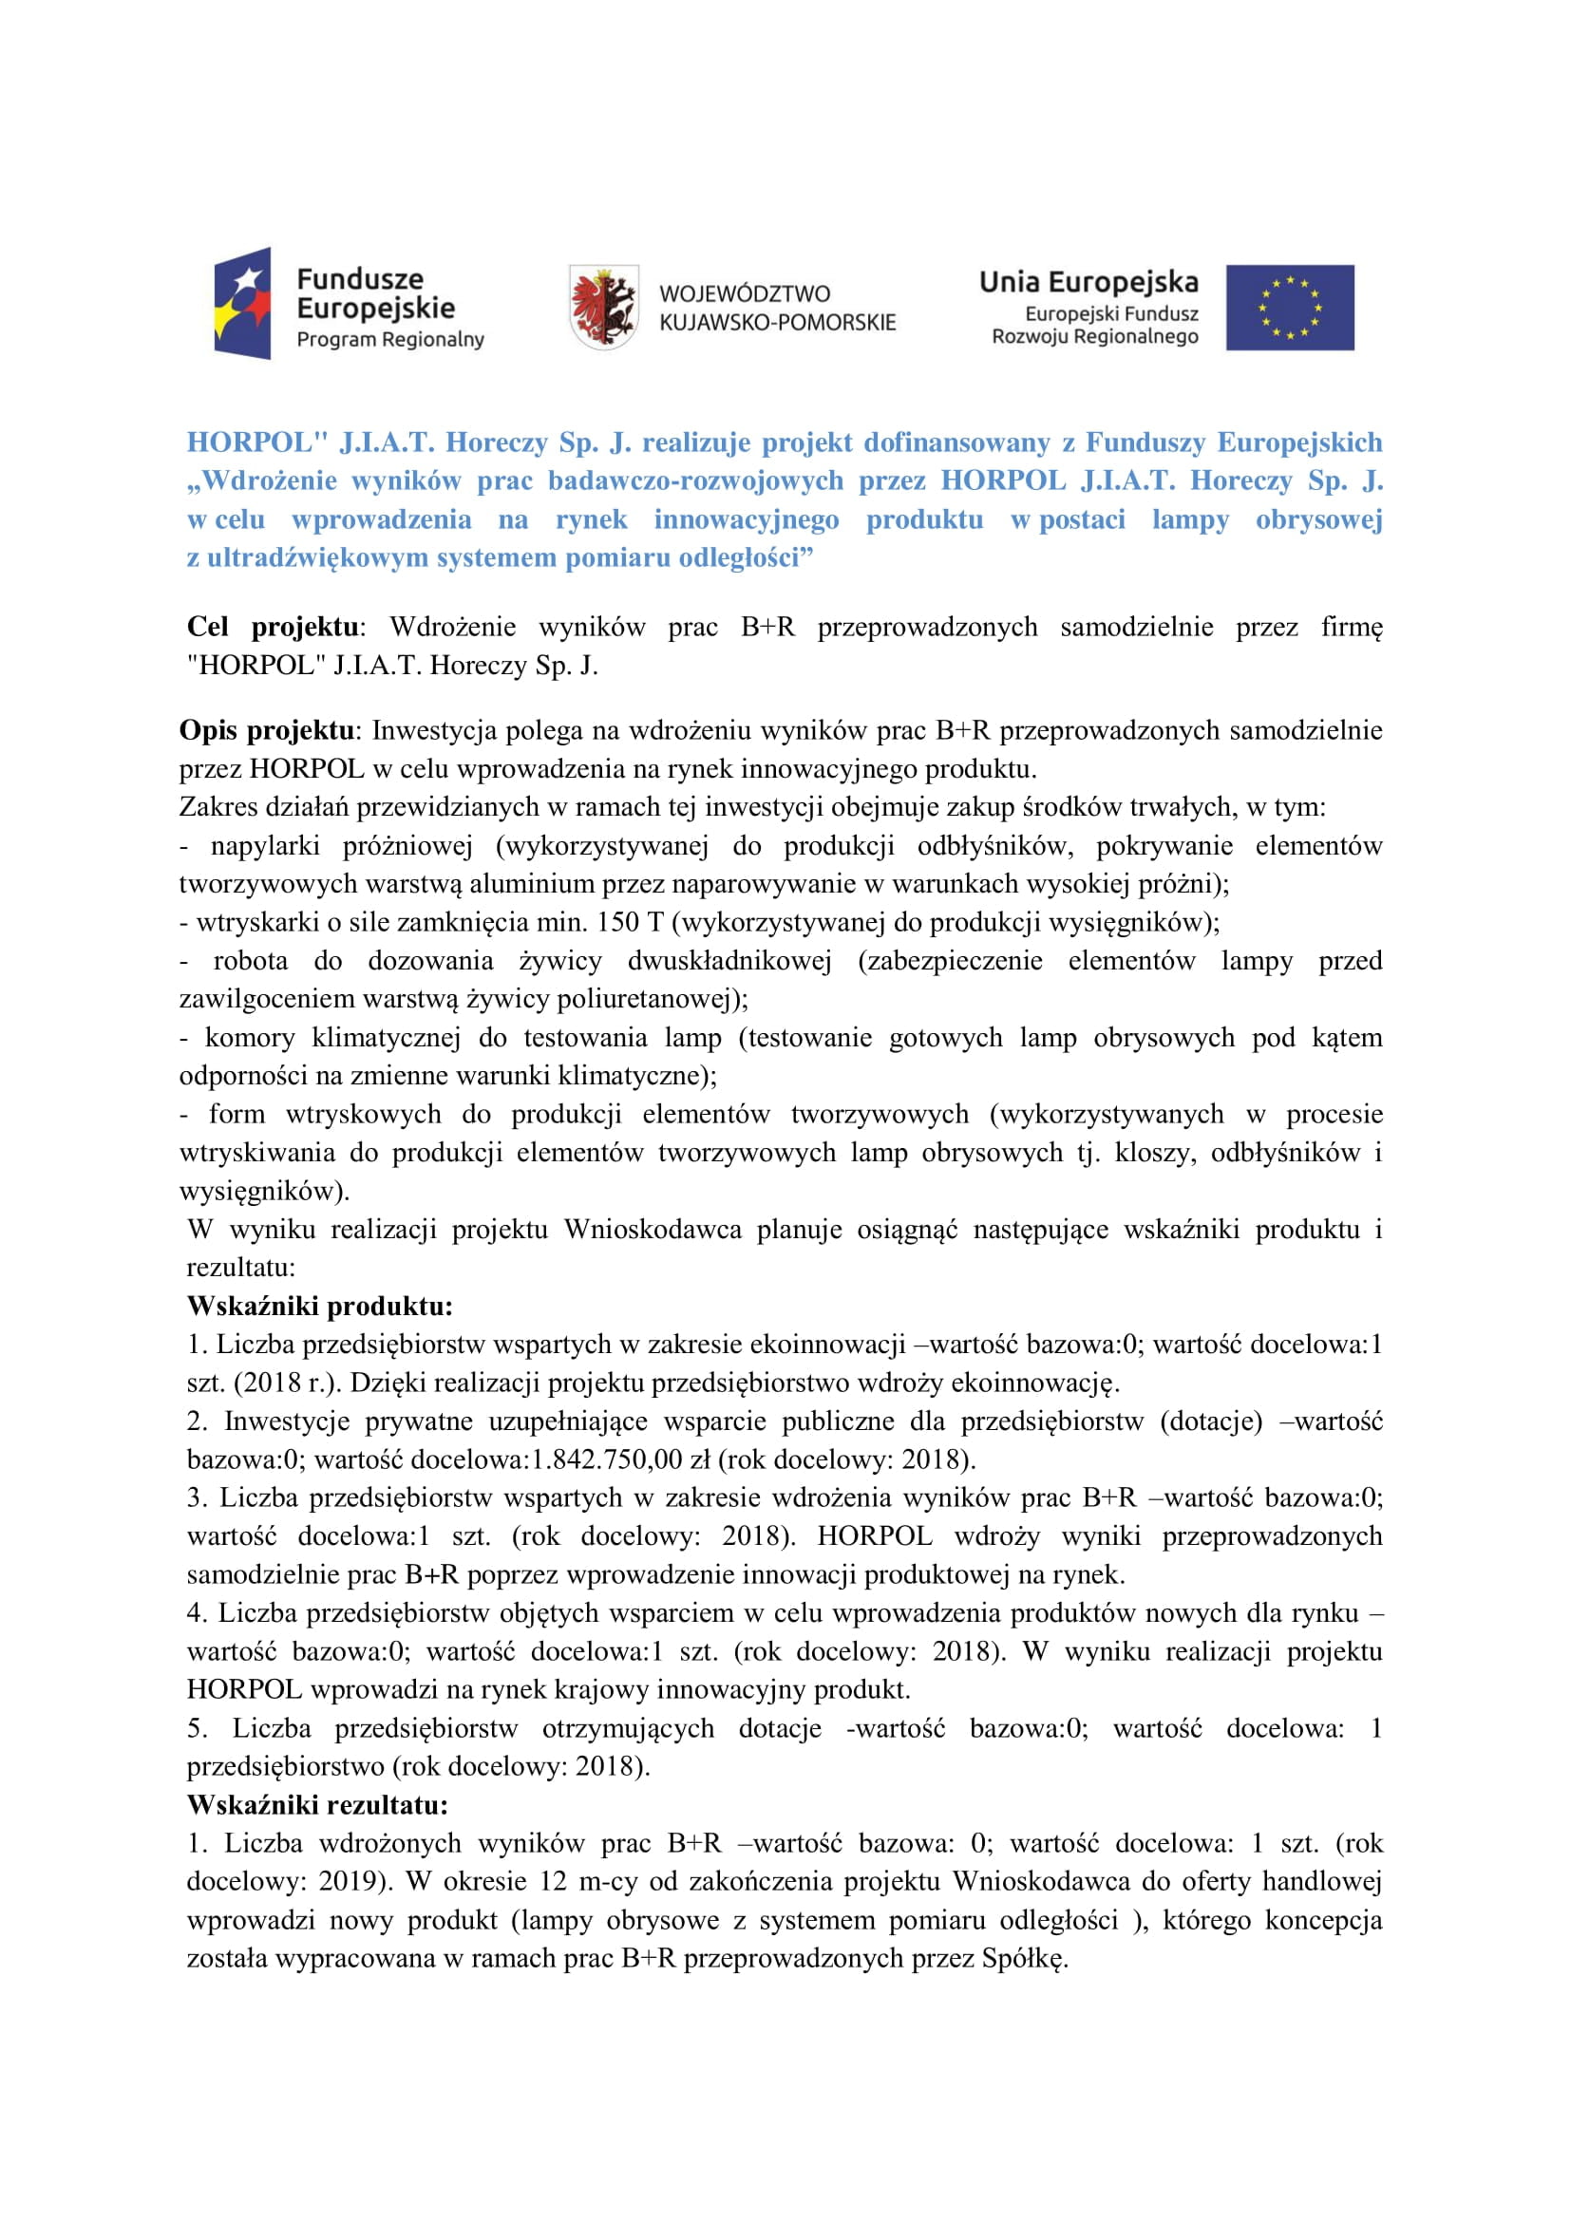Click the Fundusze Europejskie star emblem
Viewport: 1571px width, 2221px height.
[x=242, y=304]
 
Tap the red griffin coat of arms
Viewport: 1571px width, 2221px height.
[x=603, y=307]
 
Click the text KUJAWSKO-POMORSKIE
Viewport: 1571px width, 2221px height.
[x=777, y=322]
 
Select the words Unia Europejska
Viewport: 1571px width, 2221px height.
[x=1088, y=282]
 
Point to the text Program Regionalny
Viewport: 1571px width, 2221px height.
[x=389, y=340]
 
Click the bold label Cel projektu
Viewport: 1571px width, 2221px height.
[x=272, y=627]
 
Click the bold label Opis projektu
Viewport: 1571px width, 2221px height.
[x=266, y=730]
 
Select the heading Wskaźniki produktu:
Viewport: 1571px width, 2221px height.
[x=319, y=1306]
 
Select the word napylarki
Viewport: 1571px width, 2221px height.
[x=265, y=845]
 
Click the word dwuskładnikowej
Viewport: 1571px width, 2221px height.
[x=729, y=961]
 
